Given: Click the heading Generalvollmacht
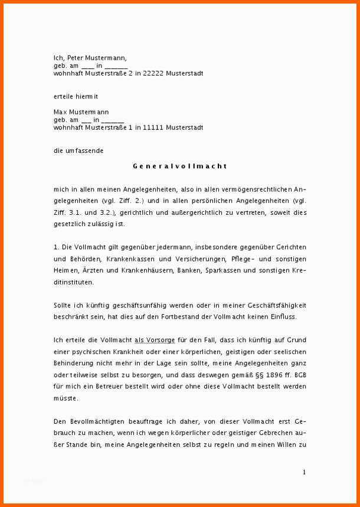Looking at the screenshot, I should coord(179,166).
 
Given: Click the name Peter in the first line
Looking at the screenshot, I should coord(77,58).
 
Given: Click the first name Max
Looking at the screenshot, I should coord(61,112).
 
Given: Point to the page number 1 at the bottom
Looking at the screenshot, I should coord(304,472).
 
